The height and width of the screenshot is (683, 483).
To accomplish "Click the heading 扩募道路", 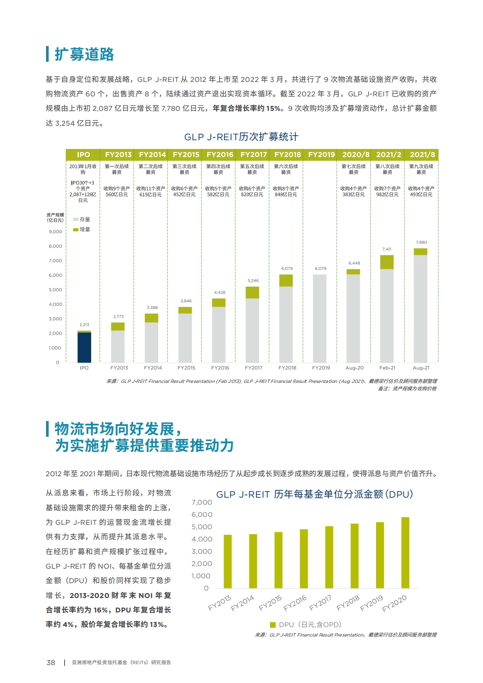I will point(84,54).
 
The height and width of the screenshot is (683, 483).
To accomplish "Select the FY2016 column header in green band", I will point(220,155).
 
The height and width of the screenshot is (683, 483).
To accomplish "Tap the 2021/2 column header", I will point(388,155).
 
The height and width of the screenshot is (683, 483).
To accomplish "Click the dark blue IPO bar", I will point(84,347).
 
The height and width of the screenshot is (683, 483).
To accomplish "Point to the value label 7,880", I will point(421,242).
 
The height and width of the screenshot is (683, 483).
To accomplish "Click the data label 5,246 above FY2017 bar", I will point(253,280).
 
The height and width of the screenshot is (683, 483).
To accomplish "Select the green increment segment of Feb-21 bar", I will point(387,262).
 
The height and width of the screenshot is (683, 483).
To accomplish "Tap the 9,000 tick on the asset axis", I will point(55,232).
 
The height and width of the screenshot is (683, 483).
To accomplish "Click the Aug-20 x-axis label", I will point(354,368).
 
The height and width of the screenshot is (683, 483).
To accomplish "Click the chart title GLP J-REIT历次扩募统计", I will point(241,137).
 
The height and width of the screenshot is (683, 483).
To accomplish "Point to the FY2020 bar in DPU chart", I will point(405,552).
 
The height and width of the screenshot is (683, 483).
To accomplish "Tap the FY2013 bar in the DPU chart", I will point(227,561).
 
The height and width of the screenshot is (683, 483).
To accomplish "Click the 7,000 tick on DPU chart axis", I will point(202,503).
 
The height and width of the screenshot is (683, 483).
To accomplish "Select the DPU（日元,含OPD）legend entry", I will point(305,625).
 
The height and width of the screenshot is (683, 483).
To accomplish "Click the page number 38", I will point(51,663).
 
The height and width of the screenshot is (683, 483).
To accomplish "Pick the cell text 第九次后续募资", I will point(421,169).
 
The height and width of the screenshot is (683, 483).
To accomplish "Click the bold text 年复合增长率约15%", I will point(248,108).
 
